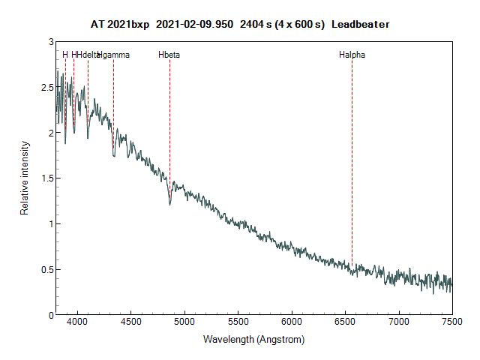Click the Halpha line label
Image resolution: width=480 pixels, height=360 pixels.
click(x=352, y=55)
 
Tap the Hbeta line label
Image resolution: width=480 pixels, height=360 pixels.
click(x=169, y=55)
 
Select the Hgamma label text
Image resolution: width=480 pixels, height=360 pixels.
click(x=115, y=55)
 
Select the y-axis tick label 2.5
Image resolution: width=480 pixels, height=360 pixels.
click(x=47, y=88)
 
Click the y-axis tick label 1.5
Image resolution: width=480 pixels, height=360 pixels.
click(x=47, y=178)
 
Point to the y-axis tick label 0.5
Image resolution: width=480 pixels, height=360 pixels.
click(x=47, y=270)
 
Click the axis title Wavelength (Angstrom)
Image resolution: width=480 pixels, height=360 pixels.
click(x=253, y=340)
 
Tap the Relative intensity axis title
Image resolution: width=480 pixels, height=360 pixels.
click(x=25, y=178)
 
